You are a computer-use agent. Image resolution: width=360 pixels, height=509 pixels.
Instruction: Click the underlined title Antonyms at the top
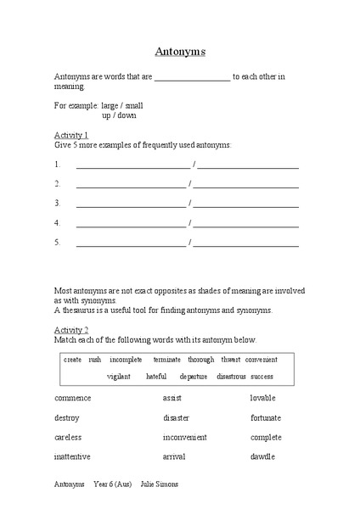click(x=179, y=51)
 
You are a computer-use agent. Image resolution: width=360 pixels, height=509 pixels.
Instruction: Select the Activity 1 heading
click(x=71, y=135)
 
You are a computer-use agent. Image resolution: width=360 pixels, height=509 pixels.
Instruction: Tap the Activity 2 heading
click(x=71, y=329)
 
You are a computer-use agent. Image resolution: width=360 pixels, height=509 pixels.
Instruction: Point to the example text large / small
click(x=122, y=105)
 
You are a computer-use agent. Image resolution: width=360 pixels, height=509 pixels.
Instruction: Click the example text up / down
click(x=119, y=115)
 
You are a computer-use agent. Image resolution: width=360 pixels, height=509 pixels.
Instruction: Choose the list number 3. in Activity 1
click(x=58, y=204)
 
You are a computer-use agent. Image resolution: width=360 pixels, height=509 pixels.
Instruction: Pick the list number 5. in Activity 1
click(x=58, y=243)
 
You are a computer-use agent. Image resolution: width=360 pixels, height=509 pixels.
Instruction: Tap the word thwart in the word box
click(x=229, y=360)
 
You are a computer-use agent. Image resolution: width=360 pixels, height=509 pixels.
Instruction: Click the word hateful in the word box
click(x=156, y=376)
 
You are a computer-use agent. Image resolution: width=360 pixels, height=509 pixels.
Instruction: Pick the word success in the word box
click(x=262, y=376)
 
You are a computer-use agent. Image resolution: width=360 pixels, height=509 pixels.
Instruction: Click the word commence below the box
click(x=73, y=398)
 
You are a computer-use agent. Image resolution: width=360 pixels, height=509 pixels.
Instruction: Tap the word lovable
click(x=264, y=398)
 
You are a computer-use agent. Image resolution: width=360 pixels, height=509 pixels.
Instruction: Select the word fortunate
click(x=266, y=417)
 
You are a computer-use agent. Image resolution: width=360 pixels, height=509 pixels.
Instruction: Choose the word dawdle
click(x=262, y=457)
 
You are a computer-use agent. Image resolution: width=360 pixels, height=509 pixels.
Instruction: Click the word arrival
click(x=174, y=457)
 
